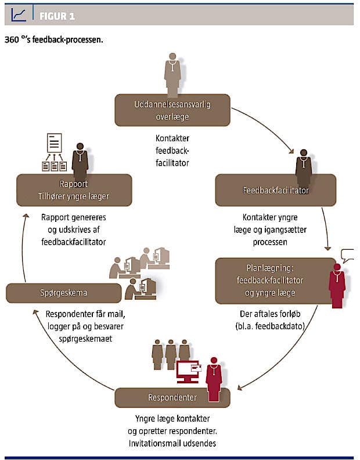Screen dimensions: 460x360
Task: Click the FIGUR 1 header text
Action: (57, 16)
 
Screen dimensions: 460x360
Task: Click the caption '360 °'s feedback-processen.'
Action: (54, 41)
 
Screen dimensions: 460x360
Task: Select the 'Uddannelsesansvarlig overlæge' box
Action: (172, 110)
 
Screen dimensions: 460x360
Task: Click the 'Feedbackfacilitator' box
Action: (275, 190)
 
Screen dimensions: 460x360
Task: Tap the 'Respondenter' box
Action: (172, 398)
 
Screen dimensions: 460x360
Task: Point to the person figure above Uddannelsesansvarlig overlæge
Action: (172, 74)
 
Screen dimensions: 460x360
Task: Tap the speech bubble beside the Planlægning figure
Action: (347, 255)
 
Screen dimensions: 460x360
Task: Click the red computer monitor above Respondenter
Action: (189, 370)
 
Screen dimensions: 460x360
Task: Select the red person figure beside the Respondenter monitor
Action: (214, 379)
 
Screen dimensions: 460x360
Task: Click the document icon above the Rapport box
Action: (55, 143)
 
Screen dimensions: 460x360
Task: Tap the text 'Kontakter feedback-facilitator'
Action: (172, 150)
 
